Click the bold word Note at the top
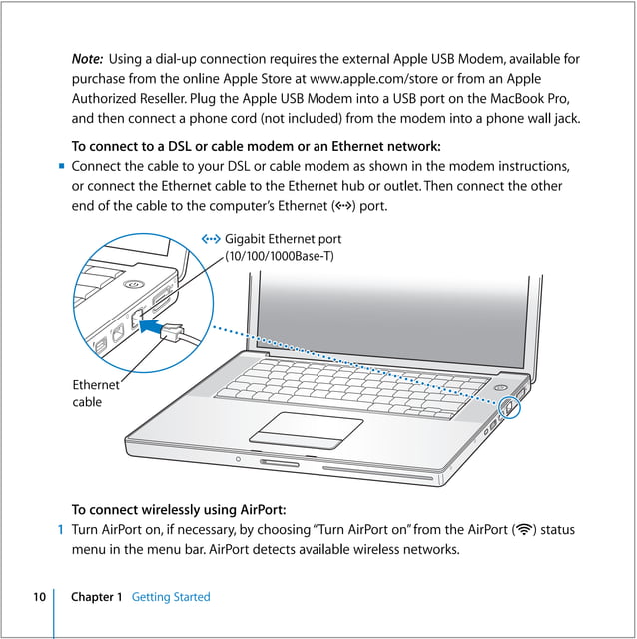click(87, 59)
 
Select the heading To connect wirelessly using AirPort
click(179, 508)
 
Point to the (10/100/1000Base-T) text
click(280, 257)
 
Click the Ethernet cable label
click(95, 393)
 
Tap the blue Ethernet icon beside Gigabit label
click(210, 239)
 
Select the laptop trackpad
click(306, 426)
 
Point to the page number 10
click(38, 597)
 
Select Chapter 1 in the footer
click(96, 597)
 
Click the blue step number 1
click(60, 529)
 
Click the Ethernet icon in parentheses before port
click(345, 207)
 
